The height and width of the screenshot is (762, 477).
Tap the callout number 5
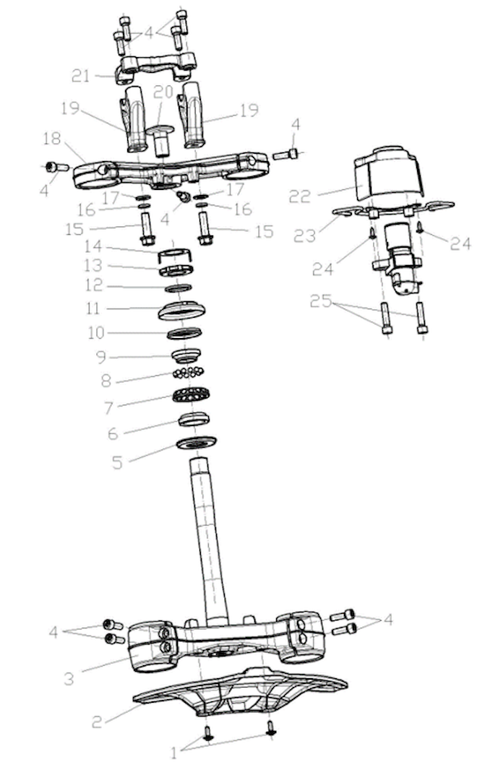tap(117, 462)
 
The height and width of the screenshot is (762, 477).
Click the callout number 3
tap(69, 679)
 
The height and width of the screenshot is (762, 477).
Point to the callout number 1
tap(173, 752)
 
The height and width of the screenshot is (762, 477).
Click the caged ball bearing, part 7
tap(191, 397)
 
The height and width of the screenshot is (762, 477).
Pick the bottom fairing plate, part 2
tap(239, 693)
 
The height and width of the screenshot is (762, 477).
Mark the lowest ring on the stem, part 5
tap(197, 442)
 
